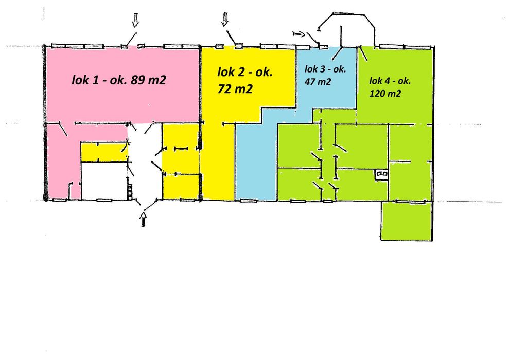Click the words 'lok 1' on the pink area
[x=84, y=80]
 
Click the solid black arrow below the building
[x=144, y=220]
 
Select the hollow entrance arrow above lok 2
[x=224, y=20]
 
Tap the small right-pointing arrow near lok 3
[x=298, y=34]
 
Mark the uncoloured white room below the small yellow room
[x=104, y=180]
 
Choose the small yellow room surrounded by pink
[x=102, y=152]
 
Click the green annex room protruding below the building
[x=406, y=221]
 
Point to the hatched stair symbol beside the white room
[x=130, y=189]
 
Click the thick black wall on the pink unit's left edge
[x=45, y=123]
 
